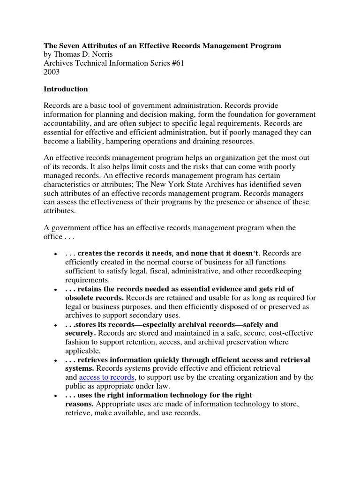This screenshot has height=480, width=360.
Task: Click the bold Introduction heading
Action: coord(66,89)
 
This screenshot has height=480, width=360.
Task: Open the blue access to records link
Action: coord(106,377)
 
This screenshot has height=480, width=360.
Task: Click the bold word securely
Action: coord(80,333)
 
